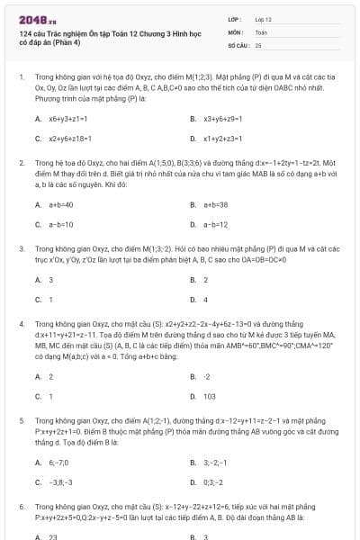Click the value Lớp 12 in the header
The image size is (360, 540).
(x=264, y=17)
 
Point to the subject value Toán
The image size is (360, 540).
(x=262, y=31)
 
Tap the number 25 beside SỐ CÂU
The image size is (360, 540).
(x=258, y=44)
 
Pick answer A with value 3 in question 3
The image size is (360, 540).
(x=50, y=280)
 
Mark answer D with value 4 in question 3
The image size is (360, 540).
(x=205, y=300)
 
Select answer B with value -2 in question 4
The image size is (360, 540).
(x=206, y=376)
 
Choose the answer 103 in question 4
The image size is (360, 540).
(x=209, y=396)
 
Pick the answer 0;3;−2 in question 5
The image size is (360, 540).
(x=213, y=481)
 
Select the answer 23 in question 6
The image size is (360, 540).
(x=53, y=535)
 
